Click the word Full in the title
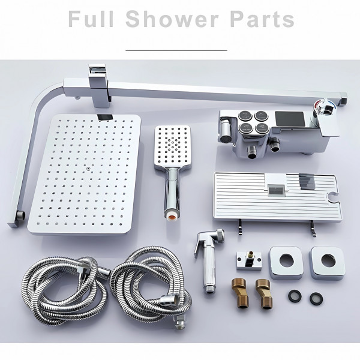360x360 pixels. click(91, 19)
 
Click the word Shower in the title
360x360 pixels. click(172, 19)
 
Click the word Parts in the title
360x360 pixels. click(262, 19)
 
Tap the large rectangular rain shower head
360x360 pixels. click(84, 175)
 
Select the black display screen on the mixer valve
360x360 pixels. click(290, 119)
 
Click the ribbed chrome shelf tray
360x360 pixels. click(277, 196)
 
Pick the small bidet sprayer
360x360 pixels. click(208, 259)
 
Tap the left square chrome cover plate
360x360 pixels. click(286, 263)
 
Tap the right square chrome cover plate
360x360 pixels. click(328, 263)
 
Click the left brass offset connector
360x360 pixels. click(239, 293)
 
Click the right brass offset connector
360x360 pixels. click(263, 293)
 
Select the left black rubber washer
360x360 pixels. click(295, 296)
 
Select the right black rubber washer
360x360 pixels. click(316, 299)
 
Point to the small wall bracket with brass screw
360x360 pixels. click(249, 260)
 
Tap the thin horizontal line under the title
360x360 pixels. click(176, 50)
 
